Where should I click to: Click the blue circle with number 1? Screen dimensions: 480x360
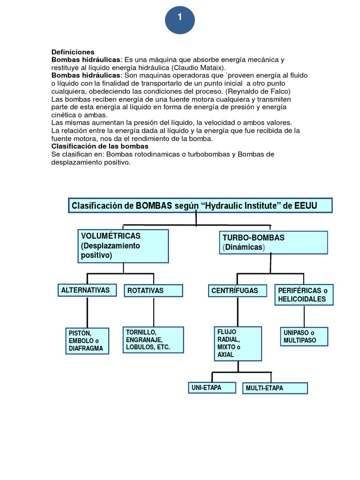[x=180, y=19]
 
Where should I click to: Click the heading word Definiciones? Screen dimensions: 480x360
[x=73, y=52]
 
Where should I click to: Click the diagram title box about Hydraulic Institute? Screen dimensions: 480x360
[x=200, y=205]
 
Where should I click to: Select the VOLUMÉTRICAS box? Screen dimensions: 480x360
[x=123, y=246]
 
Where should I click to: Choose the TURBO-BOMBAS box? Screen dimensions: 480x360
[x=273, y=242]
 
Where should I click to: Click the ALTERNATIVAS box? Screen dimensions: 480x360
[x=87, y=290]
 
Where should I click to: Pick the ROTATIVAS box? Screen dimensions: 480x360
[x=153, y=291]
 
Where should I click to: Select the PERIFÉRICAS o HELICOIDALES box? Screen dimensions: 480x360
[x=304, y=295]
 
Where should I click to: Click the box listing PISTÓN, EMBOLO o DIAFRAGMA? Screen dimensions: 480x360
[x=87, y=341]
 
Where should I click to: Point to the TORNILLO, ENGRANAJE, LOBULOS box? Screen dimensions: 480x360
[x=153, y=340]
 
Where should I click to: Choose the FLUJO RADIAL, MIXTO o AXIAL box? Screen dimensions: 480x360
[x=237, y=343]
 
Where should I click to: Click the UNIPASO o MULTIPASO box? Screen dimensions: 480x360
[x=304, y=337]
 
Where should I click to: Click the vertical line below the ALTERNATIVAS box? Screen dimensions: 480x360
[x=87, y=312]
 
